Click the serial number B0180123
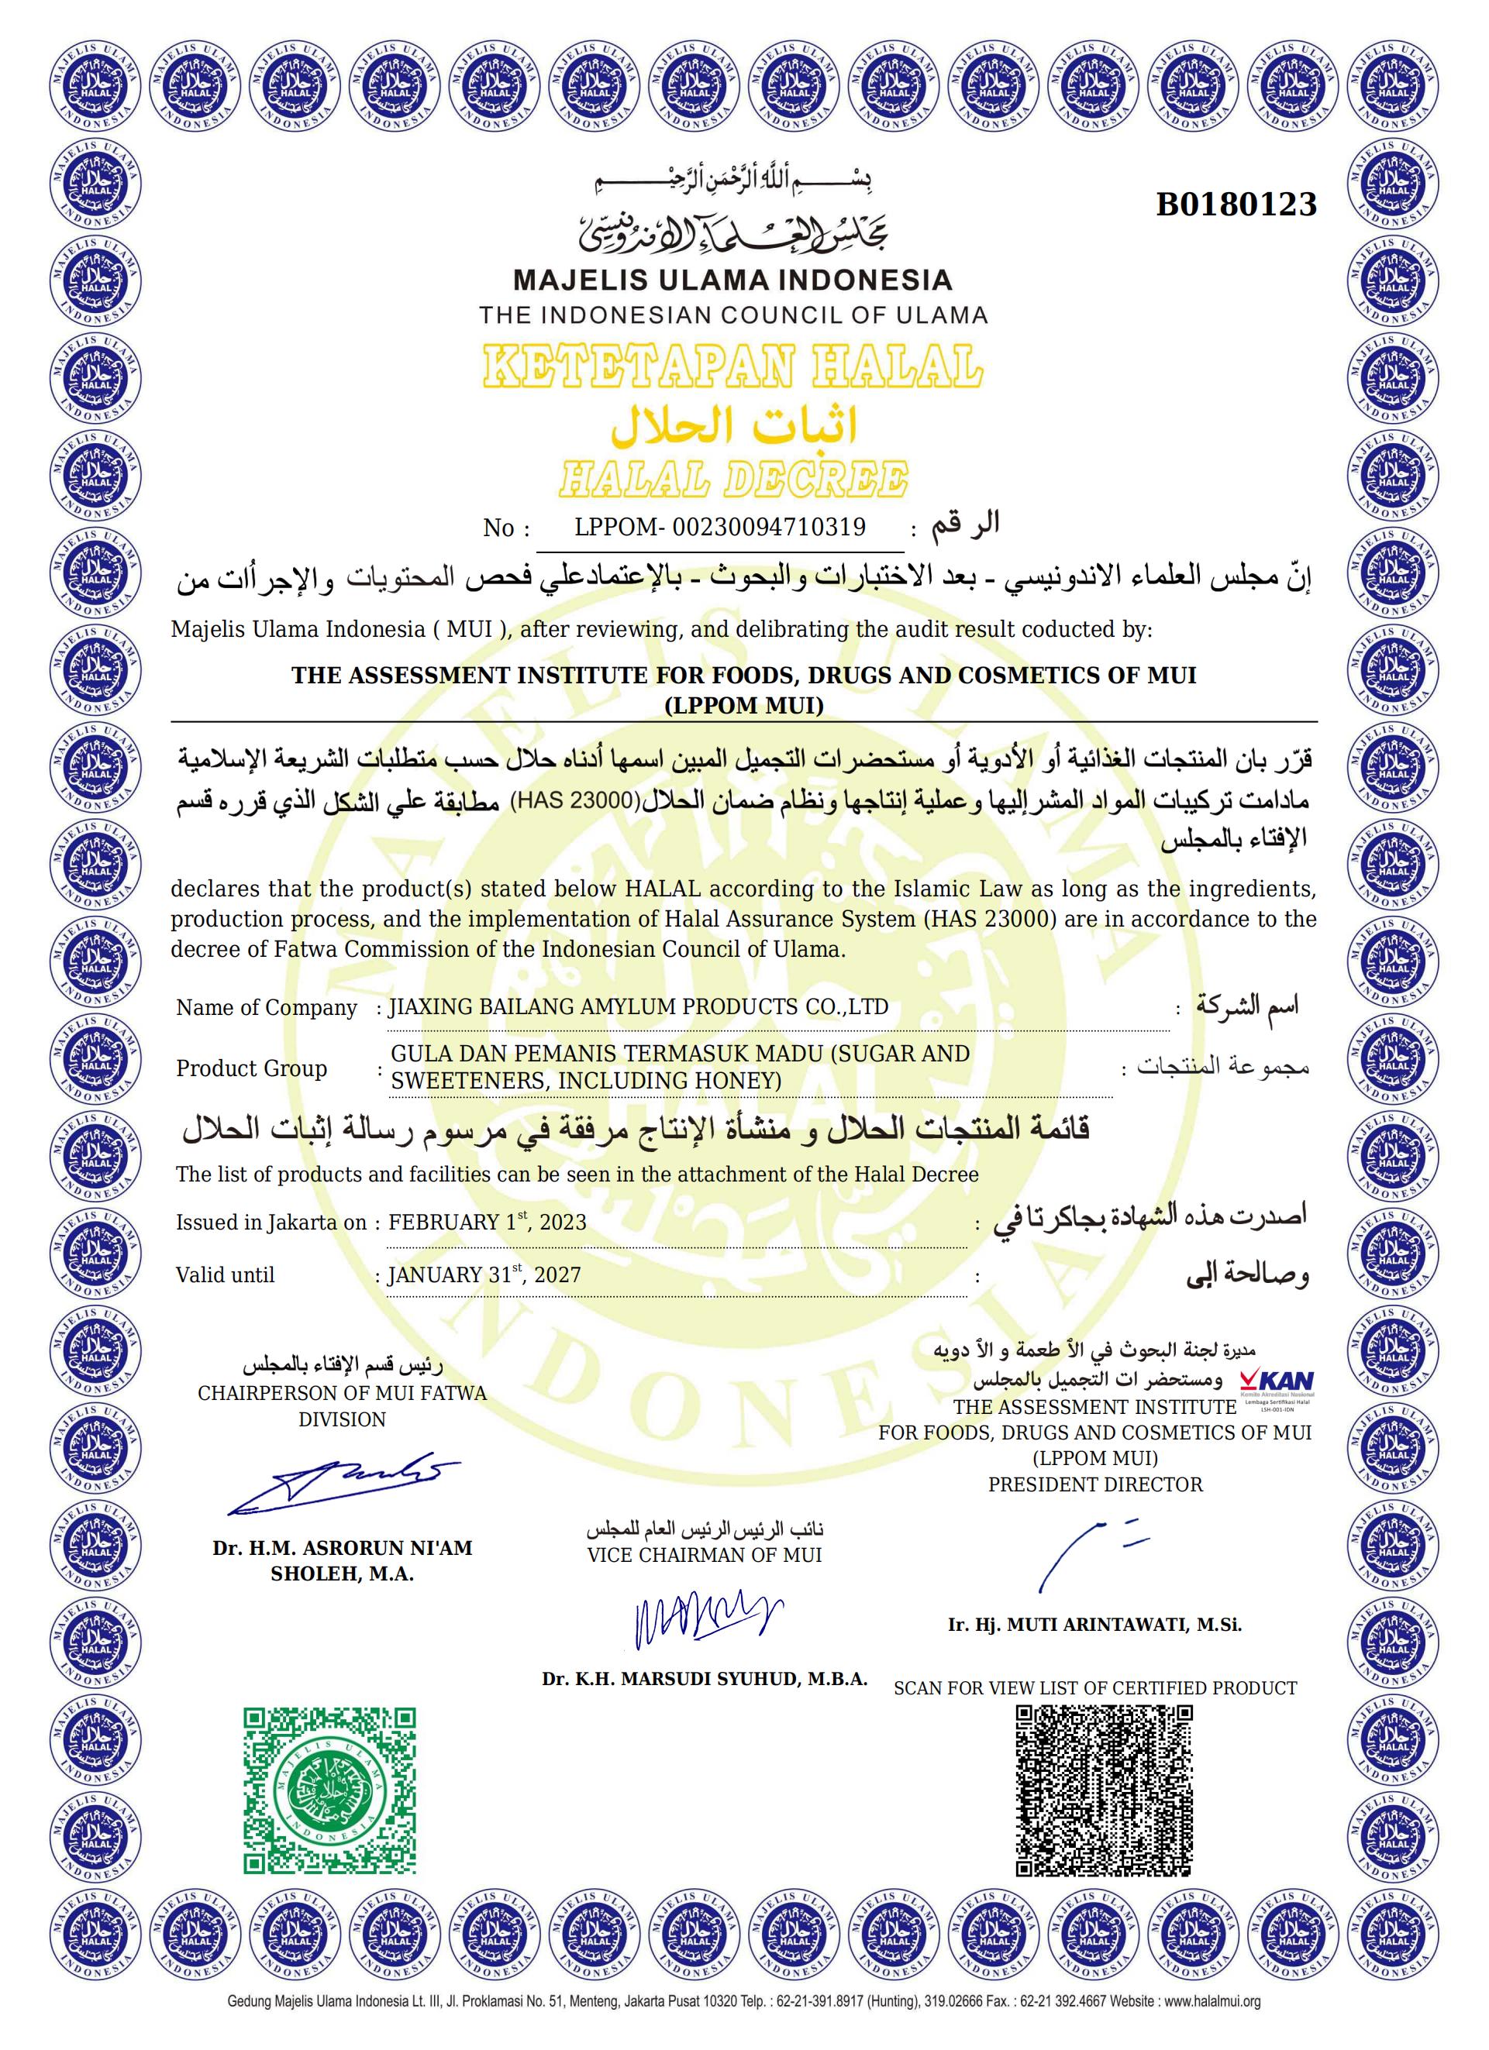pos(1236,205)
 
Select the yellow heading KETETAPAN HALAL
pos(732,367)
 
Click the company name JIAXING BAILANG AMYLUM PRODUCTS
pos(637,1007)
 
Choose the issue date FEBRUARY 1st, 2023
pos(488,1222)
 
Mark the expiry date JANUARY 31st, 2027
pos(484,1274)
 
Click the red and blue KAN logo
pos(1277,1382)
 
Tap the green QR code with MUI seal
pos(331,1791)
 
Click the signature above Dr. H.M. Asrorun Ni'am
pos(343,1486)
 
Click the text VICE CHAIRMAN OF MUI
pos(705,1556)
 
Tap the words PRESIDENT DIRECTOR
pos(1094,1485)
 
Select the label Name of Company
pos(267,1008)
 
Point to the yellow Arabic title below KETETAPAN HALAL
pos(732,426)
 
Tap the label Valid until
pos(225,1275)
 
